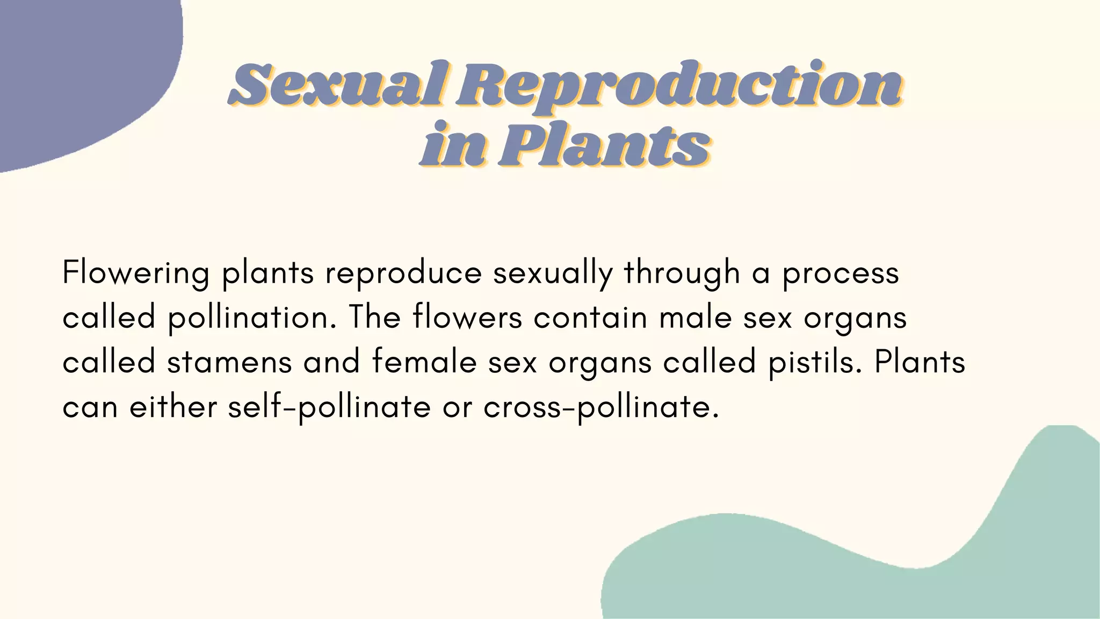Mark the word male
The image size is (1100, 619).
[x=696, y=317]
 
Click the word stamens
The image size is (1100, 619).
[x=229, y=362]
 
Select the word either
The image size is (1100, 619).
[x=173, y=407]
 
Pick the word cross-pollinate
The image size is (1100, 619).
[x=601, y=407]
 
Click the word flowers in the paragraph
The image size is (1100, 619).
[x=467, y=317]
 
